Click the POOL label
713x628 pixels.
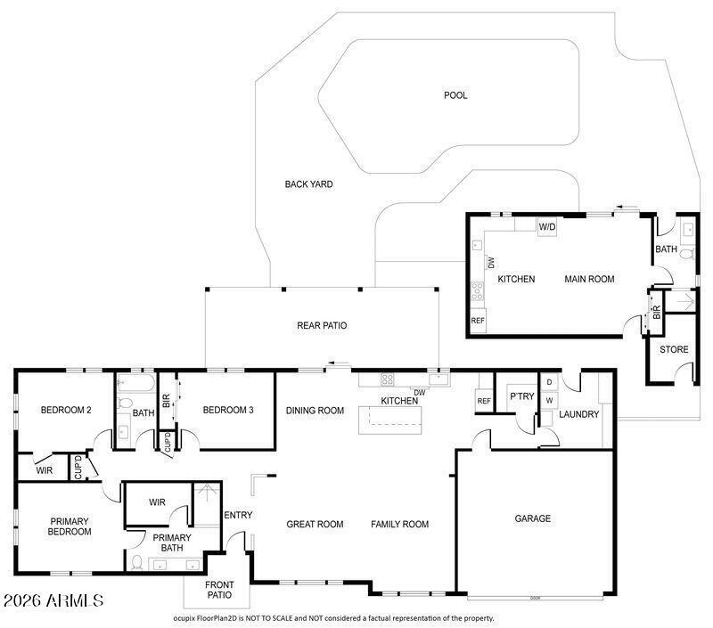(455, 95)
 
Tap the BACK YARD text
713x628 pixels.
(308, 184)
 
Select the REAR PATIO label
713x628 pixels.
(322, 326)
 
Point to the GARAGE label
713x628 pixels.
(532, 518)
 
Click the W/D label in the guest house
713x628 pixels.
(547, 227)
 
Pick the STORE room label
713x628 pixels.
(674, 350)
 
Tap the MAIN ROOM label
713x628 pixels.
(589, 280)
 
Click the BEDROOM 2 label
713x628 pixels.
(66, 411)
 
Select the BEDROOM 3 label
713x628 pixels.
(228, 411)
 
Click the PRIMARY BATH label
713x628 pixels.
(172, 542)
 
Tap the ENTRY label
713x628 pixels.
(238, 515)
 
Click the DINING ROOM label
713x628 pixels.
(315, 411)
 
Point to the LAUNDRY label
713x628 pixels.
(579, 414)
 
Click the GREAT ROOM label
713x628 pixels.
(315, 525)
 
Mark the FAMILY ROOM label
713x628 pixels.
(400, 525)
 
